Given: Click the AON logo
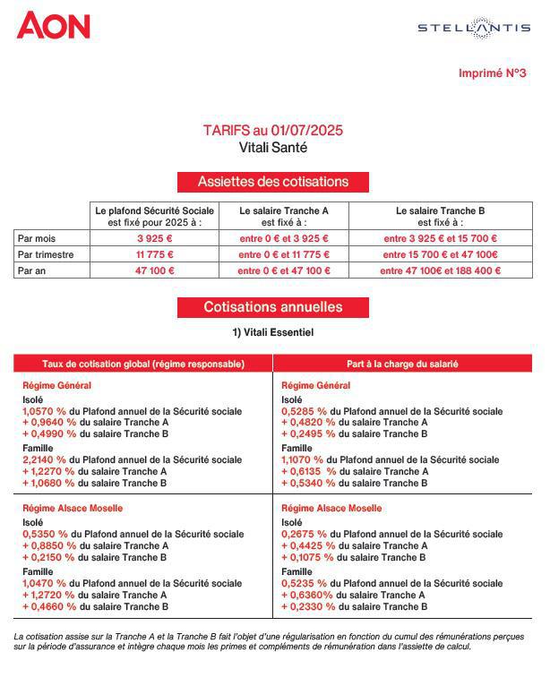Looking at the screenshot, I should coord(54,25).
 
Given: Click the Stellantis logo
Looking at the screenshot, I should coord(473,28).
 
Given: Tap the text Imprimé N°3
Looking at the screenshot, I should coord(492,73).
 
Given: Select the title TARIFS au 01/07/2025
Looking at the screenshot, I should coord(272,131).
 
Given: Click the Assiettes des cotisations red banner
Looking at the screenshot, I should coord(273,182).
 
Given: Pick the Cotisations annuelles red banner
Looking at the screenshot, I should coord(273,307).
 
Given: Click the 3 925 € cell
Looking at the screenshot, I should coord(155,239).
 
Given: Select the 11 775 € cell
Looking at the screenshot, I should coord(155,255).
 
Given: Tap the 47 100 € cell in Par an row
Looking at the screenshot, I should coord(155,271).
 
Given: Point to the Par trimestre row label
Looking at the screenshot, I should coord(46,255).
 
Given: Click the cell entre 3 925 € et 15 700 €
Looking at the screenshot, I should coord(440,239).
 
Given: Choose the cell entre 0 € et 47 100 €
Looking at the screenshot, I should coord(284,271).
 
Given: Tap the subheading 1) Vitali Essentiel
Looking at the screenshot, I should coord(272,333).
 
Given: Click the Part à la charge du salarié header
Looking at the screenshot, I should coord(402,364).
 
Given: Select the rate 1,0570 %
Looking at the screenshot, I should coord(45,412).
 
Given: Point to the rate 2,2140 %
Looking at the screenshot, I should coord(45,460).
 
